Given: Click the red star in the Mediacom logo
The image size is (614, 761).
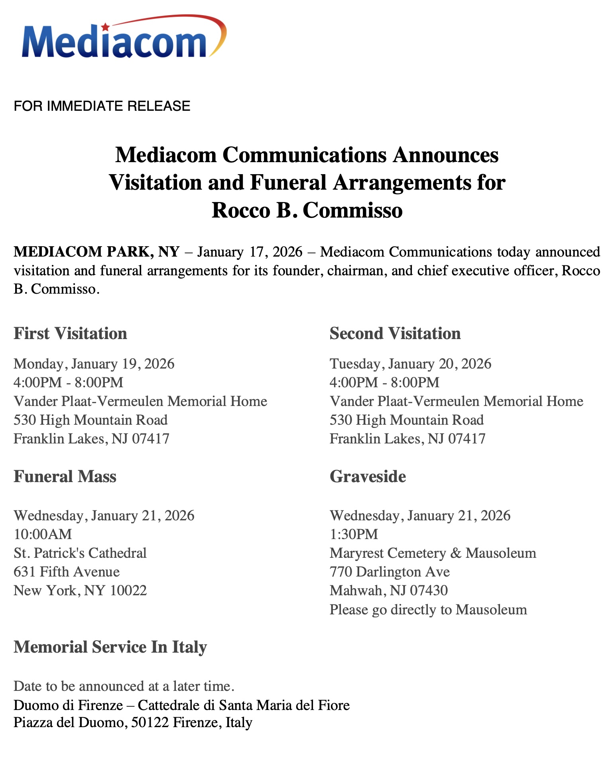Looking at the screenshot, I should (105, 27).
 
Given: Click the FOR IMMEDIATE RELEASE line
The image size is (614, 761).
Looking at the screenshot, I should (102, 106).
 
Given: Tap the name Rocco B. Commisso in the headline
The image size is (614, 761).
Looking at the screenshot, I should (307, 210).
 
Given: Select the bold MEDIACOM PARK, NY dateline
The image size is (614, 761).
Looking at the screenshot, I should (96, 252).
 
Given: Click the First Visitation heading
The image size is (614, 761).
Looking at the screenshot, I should (70, 333).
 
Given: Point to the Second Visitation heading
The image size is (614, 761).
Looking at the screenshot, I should (395, 333).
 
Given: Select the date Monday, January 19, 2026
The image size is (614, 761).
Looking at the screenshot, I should (94, 364).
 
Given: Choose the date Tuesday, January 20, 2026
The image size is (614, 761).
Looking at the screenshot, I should (410, 364).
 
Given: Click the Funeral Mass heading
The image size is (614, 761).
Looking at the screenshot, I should (65, 477).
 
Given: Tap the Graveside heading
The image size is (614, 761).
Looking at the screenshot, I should (368, 477).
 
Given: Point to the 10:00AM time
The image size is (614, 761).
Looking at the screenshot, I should (43, 534).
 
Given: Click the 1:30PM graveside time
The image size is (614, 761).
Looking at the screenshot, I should (354, 534).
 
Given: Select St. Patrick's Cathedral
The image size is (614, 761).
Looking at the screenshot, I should (80, 553).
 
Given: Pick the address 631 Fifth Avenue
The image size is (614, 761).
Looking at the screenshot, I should (67, 572).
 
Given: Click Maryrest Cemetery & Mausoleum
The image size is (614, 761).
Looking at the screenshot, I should (433, 553).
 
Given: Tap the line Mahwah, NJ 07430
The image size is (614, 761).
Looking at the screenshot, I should (389, 590).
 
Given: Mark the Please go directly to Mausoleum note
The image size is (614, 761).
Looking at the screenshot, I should (428, 610).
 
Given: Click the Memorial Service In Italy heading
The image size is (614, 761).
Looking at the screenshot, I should (110, 647).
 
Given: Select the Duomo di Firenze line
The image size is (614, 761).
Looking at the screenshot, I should (181, 705).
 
